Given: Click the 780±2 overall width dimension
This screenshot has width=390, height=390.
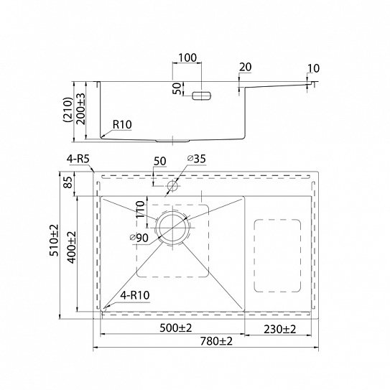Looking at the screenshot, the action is click(x=216, y=341).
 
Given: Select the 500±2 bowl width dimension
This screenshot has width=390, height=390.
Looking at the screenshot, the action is click(x=175, y=328).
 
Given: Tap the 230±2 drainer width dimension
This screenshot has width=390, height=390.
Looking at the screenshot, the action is click(x=280, y=330).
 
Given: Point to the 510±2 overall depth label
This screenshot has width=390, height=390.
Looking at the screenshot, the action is click(x=55, y=240).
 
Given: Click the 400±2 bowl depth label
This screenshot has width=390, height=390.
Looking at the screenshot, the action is click(x=73, y=247).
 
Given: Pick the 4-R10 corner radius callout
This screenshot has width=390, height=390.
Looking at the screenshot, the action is click(x=135, y=295).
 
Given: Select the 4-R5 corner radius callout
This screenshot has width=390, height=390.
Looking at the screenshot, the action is click(x=78, y=159).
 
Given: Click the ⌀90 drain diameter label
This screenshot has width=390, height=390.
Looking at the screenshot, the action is click(x=139, y=238).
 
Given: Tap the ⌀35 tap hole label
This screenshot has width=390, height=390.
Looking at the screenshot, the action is click(x=197, y=159).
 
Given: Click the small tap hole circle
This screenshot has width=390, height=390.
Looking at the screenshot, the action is click(x=172, y=185).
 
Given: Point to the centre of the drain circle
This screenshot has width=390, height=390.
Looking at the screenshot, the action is click(x=172, y=228).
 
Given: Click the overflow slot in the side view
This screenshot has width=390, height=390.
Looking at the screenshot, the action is click(x=202, y=96).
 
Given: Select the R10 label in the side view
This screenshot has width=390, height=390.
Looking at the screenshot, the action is click(x=122, y=124).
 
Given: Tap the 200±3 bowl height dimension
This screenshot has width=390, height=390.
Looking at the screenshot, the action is click(x=81, y=109).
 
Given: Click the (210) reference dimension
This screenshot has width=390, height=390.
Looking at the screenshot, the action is click(x=68, y=109).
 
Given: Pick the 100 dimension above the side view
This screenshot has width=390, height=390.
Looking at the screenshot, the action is click(x=187, y=57).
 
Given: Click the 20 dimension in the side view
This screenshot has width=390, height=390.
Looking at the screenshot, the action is click(x=246, y=67).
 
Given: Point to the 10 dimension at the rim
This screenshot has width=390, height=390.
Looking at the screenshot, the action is click(x=313, y=68).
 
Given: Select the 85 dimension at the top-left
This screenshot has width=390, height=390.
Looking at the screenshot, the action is click(x=69, y=182).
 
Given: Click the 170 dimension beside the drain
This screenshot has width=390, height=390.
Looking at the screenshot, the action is click(x=141, y=210).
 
